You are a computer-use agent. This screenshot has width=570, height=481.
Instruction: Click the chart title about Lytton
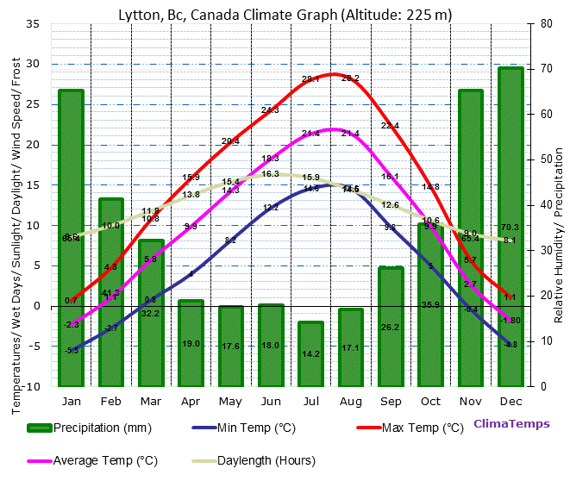[x=285, y=14]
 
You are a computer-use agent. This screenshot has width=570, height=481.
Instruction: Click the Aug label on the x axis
[x=351, y=402]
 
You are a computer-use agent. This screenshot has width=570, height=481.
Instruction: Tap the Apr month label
[x=191, y=402]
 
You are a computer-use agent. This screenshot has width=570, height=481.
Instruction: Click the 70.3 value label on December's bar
[x=510, y=228]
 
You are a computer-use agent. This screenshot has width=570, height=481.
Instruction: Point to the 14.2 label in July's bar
[x=311, y=353]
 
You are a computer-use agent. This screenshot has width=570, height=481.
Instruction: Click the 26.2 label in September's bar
[x=391, y=328]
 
